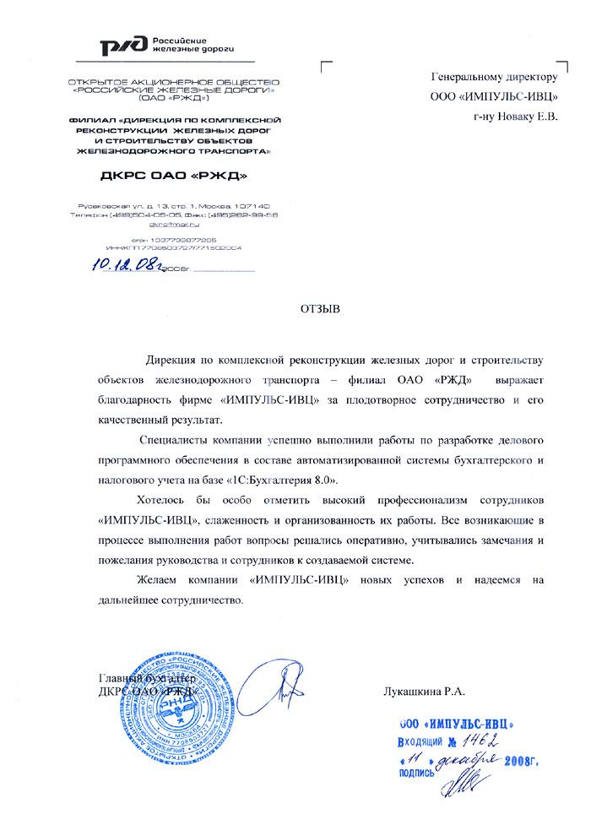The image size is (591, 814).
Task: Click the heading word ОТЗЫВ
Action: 319,308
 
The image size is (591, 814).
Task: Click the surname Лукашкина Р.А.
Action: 424,691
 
